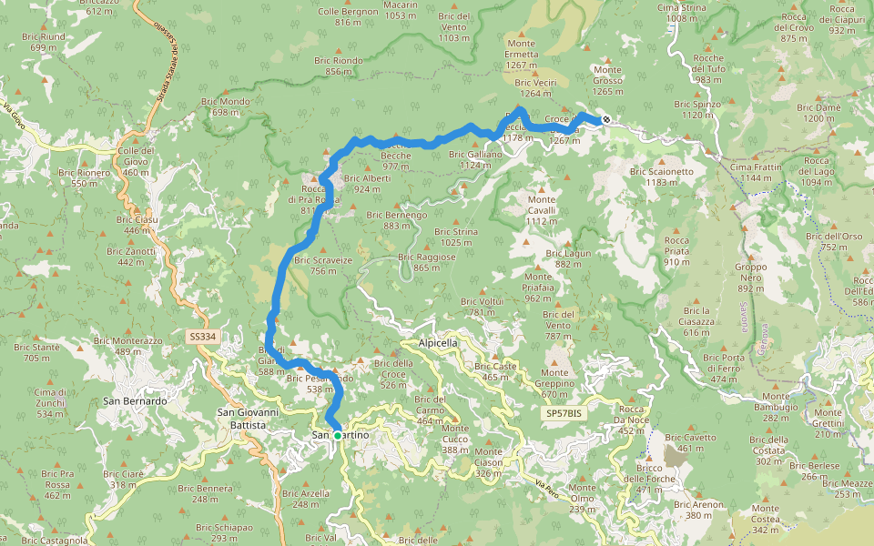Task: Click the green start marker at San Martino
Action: click(337, 436)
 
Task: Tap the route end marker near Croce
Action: click(606, 119)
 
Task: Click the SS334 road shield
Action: click(203, 337)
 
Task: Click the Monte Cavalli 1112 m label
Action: click(541, 210)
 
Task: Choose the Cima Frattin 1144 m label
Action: click(756, 172)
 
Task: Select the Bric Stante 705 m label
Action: click(37, 352)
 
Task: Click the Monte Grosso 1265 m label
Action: click(607, 80)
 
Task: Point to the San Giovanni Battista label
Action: click(241, 419)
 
